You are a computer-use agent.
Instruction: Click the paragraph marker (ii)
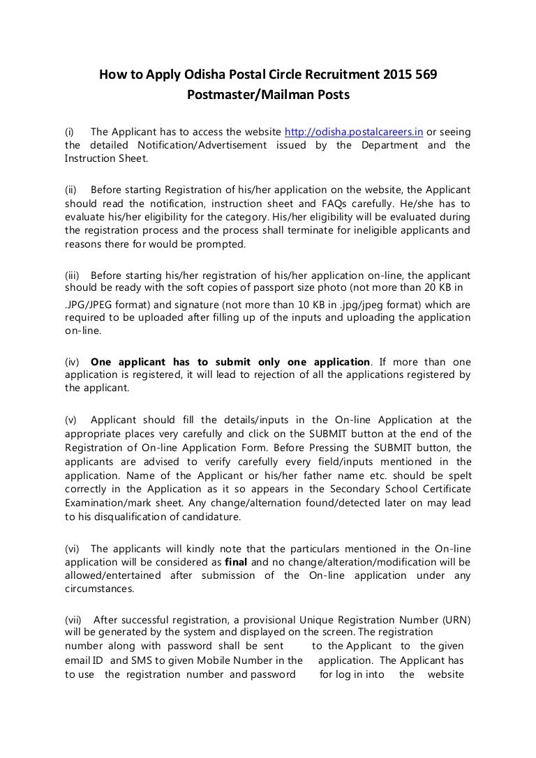(x=70, y=190)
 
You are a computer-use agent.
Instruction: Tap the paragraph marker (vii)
(x=73, y=619)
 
